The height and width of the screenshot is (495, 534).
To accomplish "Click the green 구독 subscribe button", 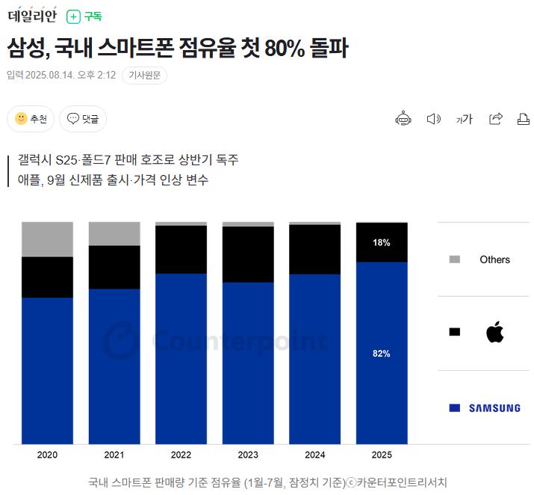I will (x=84, y=16).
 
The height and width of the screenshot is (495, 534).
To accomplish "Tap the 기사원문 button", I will (x=144, y=75).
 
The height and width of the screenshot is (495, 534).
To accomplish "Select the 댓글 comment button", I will (x=83, y=119).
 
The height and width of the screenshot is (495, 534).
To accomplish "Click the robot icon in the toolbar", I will (x=403, y=119).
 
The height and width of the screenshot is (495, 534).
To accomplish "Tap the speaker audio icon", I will (x=433, y=119).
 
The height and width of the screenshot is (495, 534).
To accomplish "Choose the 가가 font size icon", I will (x=465, y=119).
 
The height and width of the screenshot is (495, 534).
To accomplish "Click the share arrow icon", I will (x=495, y=119).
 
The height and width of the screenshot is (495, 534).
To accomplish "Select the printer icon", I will (x=524, y=119).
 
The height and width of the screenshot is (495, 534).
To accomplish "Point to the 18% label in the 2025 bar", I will (x=381, y=243).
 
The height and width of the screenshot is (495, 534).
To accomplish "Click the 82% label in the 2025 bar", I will (x=381, y=354).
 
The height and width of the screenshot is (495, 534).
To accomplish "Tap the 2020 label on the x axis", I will (x=47, y=455).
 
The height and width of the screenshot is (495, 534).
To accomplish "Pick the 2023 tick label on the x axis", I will (x=248, y=455).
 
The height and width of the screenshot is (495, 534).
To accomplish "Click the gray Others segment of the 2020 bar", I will (x=47, y=239).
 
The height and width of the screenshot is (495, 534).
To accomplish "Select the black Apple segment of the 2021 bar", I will (x=114, y=267).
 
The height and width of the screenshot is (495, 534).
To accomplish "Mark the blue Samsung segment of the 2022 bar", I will (x=181, y=359).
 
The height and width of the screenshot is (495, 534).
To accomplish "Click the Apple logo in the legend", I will (x=494, y=332).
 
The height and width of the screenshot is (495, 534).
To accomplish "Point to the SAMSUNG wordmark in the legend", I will (x=494, y=408).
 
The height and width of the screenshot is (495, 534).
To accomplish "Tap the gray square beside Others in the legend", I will (x=454, y=259).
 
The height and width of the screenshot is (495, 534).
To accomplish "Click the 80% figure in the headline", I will (x=285, y=48).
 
